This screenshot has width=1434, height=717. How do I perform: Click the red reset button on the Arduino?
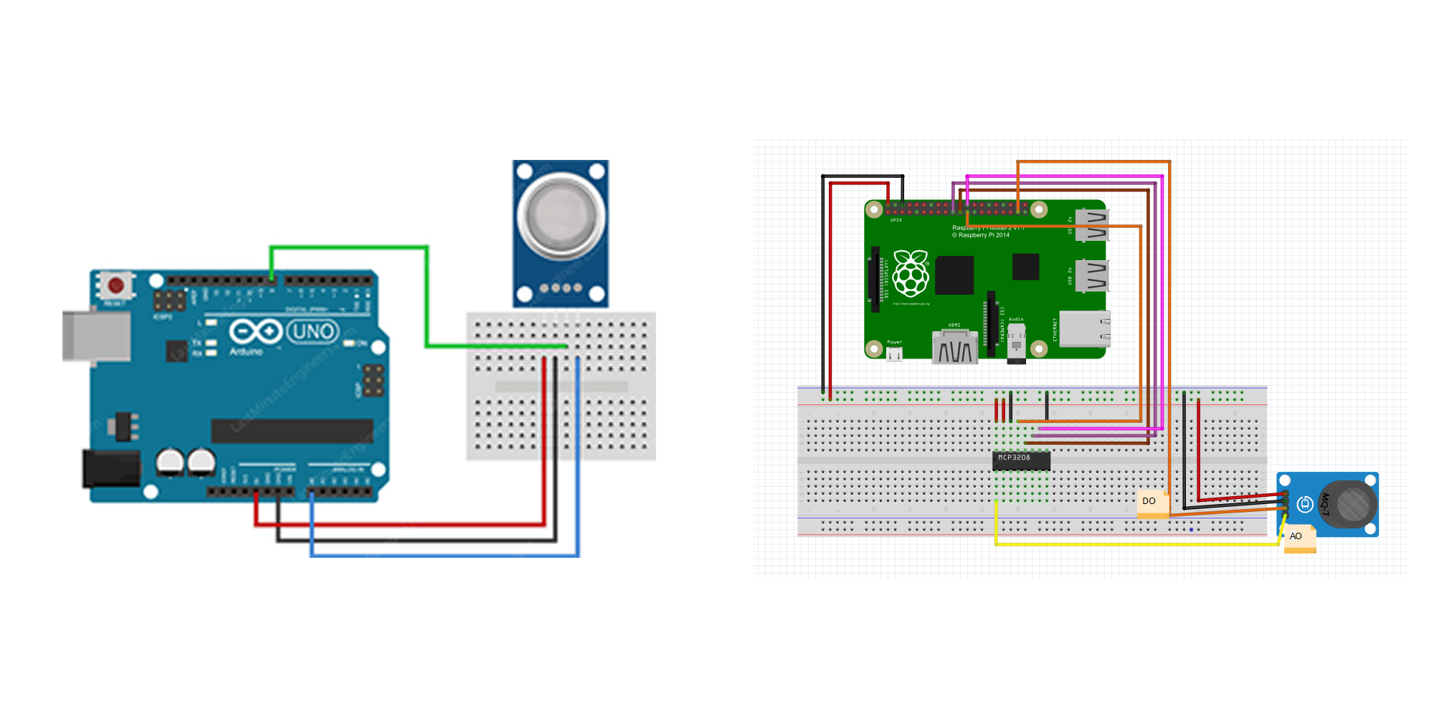tap(115, 285)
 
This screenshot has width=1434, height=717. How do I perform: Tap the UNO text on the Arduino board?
tap(313, 331)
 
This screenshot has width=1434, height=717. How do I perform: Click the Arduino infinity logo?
tap(255, 332)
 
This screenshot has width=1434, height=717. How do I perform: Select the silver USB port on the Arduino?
tap(96, 336)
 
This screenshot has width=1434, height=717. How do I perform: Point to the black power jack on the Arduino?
tap(111, 468)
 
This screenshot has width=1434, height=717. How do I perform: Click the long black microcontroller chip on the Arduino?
tap(292, 431)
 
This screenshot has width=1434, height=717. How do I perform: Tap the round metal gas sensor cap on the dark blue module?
tap(561, 216)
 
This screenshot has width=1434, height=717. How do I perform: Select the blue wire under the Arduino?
tap(445, 555)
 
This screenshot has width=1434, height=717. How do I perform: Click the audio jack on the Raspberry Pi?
tap(1016, 343)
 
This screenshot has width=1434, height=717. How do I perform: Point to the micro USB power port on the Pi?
tap(894, 353)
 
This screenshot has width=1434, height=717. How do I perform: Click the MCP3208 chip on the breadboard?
tap(1021, 460)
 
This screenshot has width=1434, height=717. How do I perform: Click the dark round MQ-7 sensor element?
tap(1352, 504)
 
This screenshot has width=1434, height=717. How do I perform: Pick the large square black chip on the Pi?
tap(954, 275)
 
